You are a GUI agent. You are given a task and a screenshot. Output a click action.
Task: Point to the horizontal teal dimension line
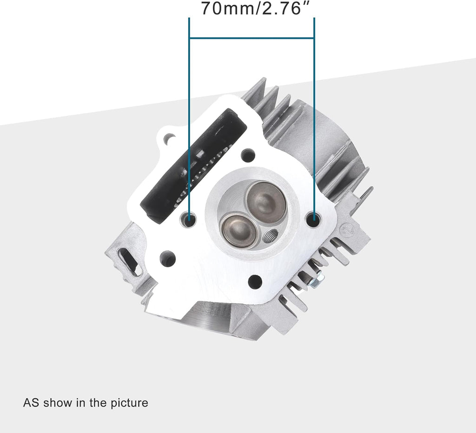click(251, 38)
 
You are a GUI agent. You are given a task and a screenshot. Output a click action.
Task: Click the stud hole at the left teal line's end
click(189, 219)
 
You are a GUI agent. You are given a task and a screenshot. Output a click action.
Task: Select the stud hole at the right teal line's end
click(314, 219)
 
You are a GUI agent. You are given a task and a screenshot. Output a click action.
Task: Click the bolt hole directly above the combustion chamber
click(248, 155)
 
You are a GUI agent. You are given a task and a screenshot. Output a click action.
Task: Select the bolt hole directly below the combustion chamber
click(255, 281)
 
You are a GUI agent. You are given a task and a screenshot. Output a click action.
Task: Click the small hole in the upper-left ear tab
click(169, 138)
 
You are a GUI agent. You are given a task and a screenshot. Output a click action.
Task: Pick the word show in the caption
click(58, 402)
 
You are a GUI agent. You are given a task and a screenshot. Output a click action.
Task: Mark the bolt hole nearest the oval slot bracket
click(168, 258)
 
